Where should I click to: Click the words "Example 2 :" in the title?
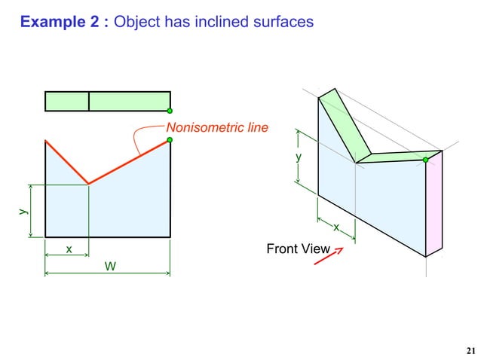pyautogui.click(x=64, y=23)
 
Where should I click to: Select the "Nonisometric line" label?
pyautogui.click(x=216, y=128)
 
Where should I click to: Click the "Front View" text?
pyautogui.click(x=299, y=249)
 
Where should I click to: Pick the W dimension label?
pyautogui.click(x=110, y=266)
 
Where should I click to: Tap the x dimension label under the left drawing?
pyautogui.click(x=69, y=248)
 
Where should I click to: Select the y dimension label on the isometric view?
pyautogui.click(x=299, y=157)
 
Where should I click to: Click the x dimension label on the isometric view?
pyautogui.click(x=335, y=227)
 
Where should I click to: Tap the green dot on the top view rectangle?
pyautogui.click(x=170, y=111)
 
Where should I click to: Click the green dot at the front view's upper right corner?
pyautogui.click(x=170, y=140)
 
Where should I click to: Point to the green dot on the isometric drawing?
pyautogui.click(x=426, y=160)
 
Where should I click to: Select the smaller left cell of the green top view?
pyautogui.click(x=67, y=101)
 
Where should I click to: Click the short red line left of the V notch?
pyautogui.click(x=67, y=162)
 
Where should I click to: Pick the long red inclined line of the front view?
pyautogui.click(x=130, y=161)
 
